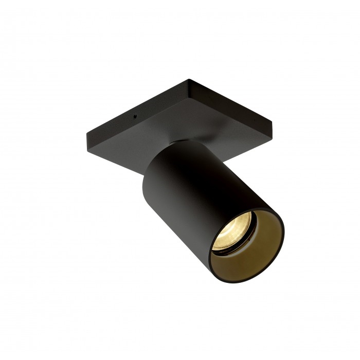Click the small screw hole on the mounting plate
[x=135, y=116]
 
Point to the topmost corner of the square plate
[x=189, y=80]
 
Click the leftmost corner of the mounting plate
[x=86, y=135]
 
